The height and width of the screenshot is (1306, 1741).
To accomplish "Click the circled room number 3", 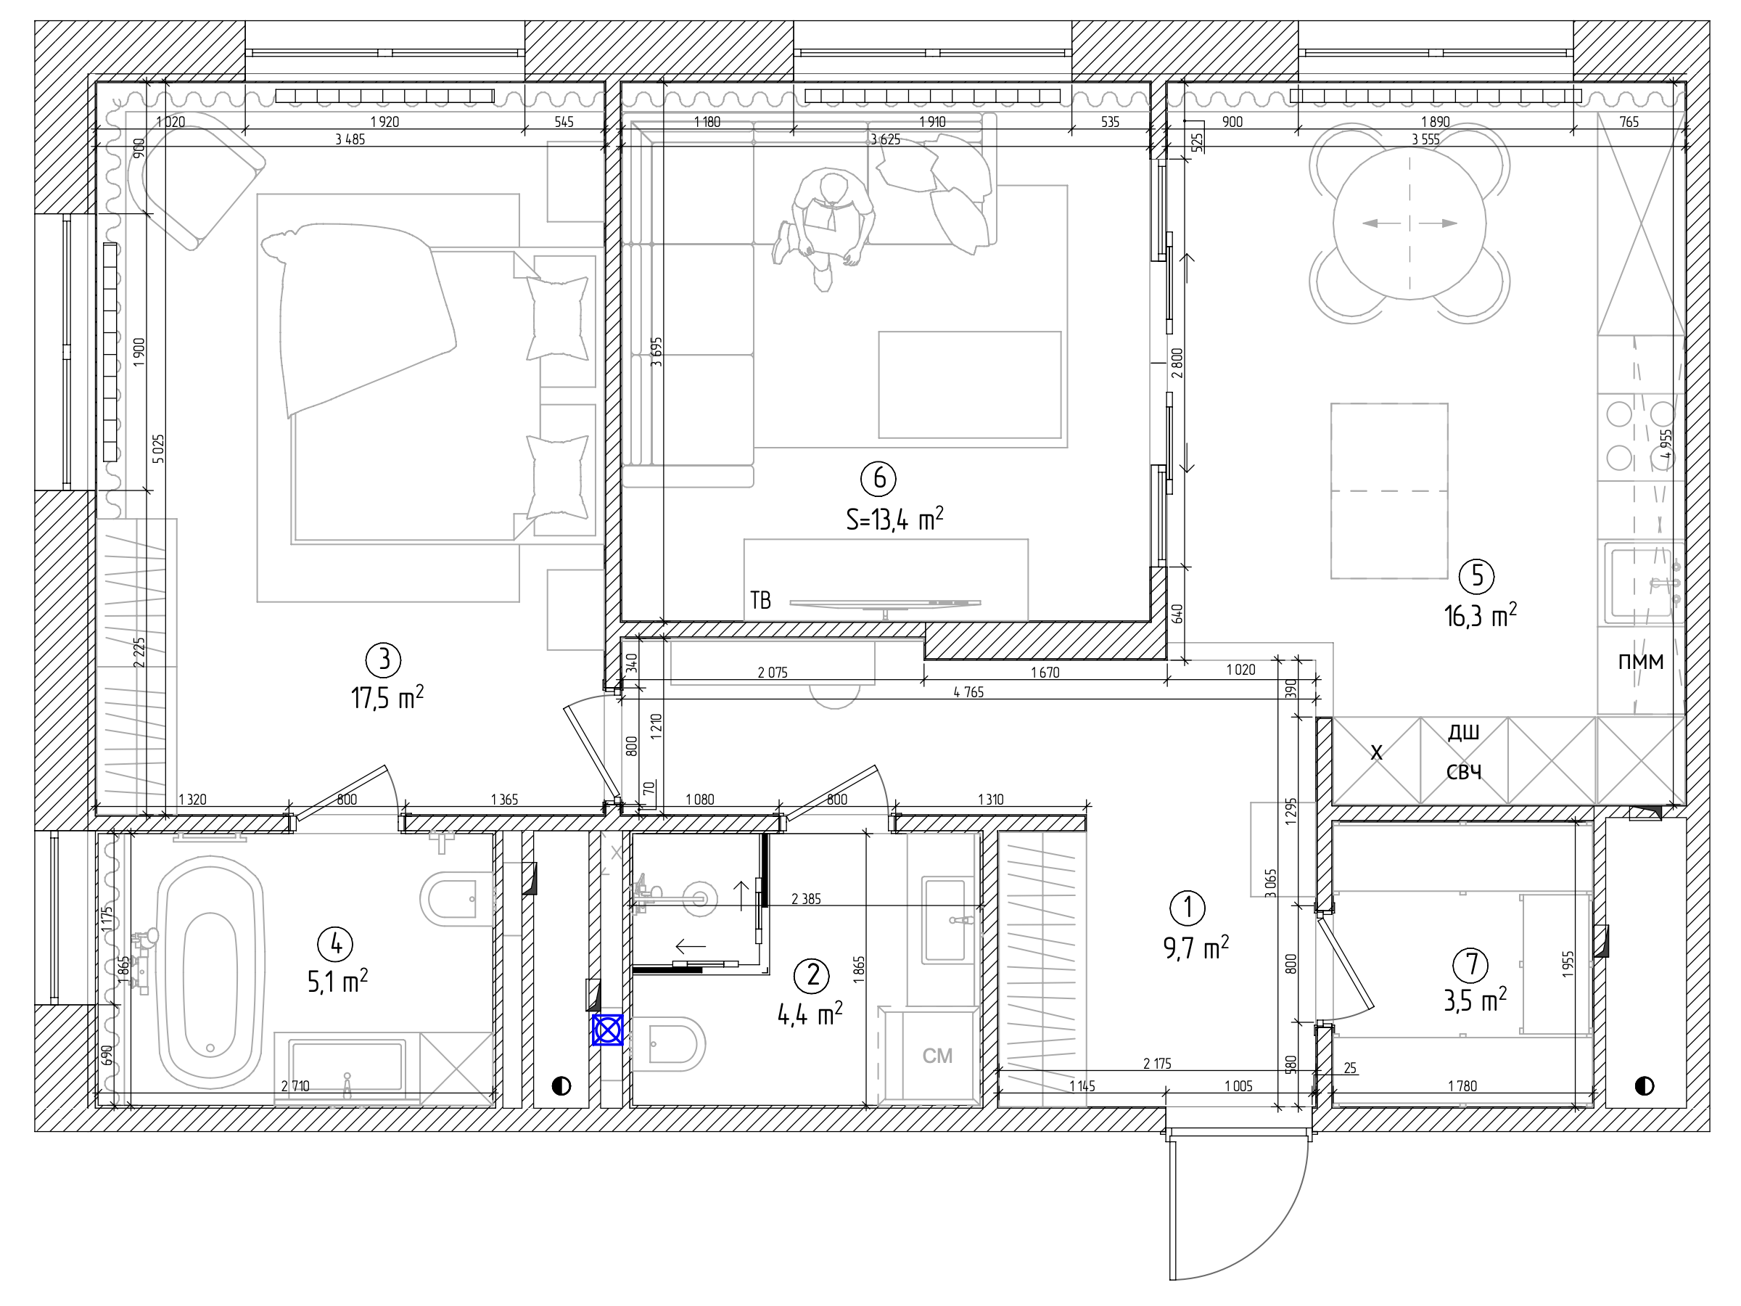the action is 384,659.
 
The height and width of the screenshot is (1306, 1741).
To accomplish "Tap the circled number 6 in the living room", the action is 878,478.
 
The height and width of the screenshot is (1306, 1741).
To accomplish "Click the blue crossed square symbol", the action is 608,1030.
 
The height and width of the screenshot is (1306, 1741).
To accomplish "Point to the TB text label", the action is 760,601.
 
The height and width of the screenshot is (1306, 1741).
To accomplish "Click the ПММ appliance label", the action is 1640,661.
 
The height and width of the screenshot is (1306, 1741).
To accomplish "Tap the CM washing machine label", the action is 937,1056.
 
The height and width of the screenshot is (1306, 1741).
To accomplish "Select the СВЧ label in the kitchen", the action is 1464,771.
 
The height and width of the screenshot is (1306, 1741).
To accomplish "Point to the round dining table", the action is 1409,223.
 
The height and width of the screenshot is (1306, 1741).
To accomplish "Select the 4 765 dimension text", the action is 968,692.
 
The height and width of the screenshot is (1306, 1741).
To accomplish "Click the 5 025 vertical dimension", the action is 158,448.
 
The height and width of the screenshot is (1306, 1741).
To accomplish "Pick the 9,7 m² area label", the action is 1195,948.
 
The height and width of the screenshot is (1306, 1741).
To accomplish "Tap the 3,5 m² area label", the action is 1475,1000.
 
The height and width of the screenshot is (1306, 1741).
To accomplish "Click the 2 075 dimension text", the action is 772,673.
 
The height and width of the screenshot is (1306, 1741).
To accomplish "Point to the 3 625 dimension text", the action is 885,139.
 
